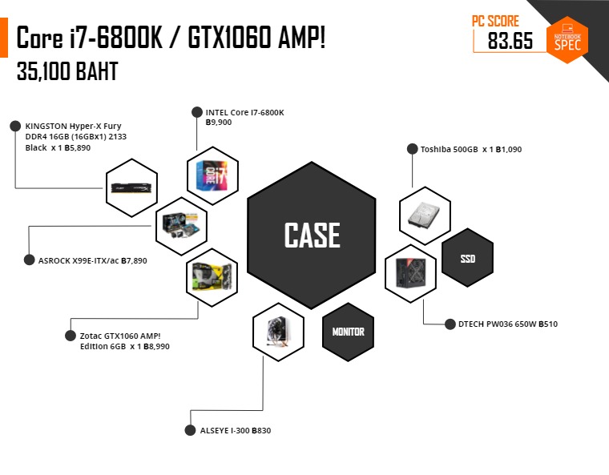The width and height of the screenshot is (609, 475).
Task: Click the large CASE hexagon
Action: click(x=312, y=235)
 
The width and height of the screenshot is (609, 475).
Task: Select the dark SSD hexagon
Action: click(x=468, y=258)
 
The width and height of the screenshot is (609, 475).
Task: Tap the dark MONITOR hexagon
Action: click(x=348, y=332)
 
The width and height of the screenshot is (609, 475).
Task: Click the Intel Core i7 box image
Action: click(x=212, y=175)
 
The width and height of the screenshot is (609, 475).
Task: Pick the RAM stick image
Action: click(x=131, y=187)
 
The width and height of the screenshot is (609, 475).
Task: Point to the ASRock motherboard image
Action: click(x=181, y=227)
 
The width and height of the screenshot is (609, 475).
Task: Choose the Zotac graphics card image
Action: click(x=212, y=277)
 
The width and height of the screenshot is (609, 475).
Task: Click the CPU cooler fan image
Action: click(x=277, y=332)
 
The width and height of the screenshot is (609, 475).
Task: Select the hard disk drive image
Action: click(x=424, y=215)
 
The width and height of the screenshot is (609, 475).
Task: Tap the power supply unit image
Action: click(x=411, y=273)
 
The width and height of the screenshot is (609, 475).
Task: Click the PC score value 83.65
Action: click(x=510, y=40)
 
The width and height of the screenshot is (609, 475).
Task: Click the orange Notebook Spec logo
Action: click(x=567, y=39)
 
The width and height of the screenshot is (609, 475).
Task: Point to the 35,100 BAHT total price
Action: click(x=67, y=71)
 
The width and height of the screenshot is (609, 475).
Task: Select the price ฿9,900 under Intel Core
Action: click(x=219, y=123)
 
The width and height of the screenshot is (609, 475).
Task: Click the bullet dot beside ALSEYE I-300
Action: click(x=190, y=430)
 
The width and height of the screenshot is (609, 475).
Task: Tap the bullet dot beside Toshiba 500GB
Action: click(x=412, y=149)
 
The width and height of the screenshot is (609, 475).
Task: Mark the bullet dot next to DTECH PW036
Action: click(x=450, y=324)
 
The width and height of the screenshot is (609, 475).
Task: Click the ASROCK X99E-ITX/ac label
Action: click(x=92, y=260)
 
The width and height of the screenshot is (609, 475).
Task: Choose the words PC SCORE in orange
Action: click(x=495, y=21)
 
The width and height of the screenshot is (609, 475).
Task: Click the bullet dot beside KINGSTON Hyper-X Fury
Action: click(x=15, y=126)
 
